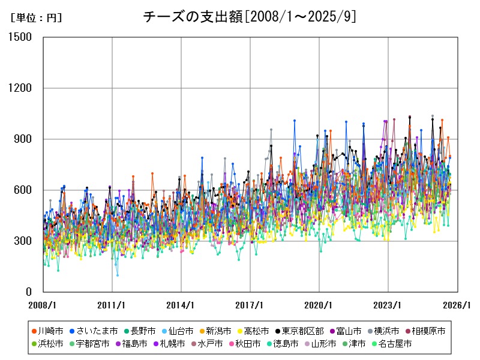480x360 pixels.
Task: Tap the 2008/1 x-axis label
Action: [43, 305]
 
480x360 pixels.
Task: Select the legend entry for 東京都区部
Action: [303, 331]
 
